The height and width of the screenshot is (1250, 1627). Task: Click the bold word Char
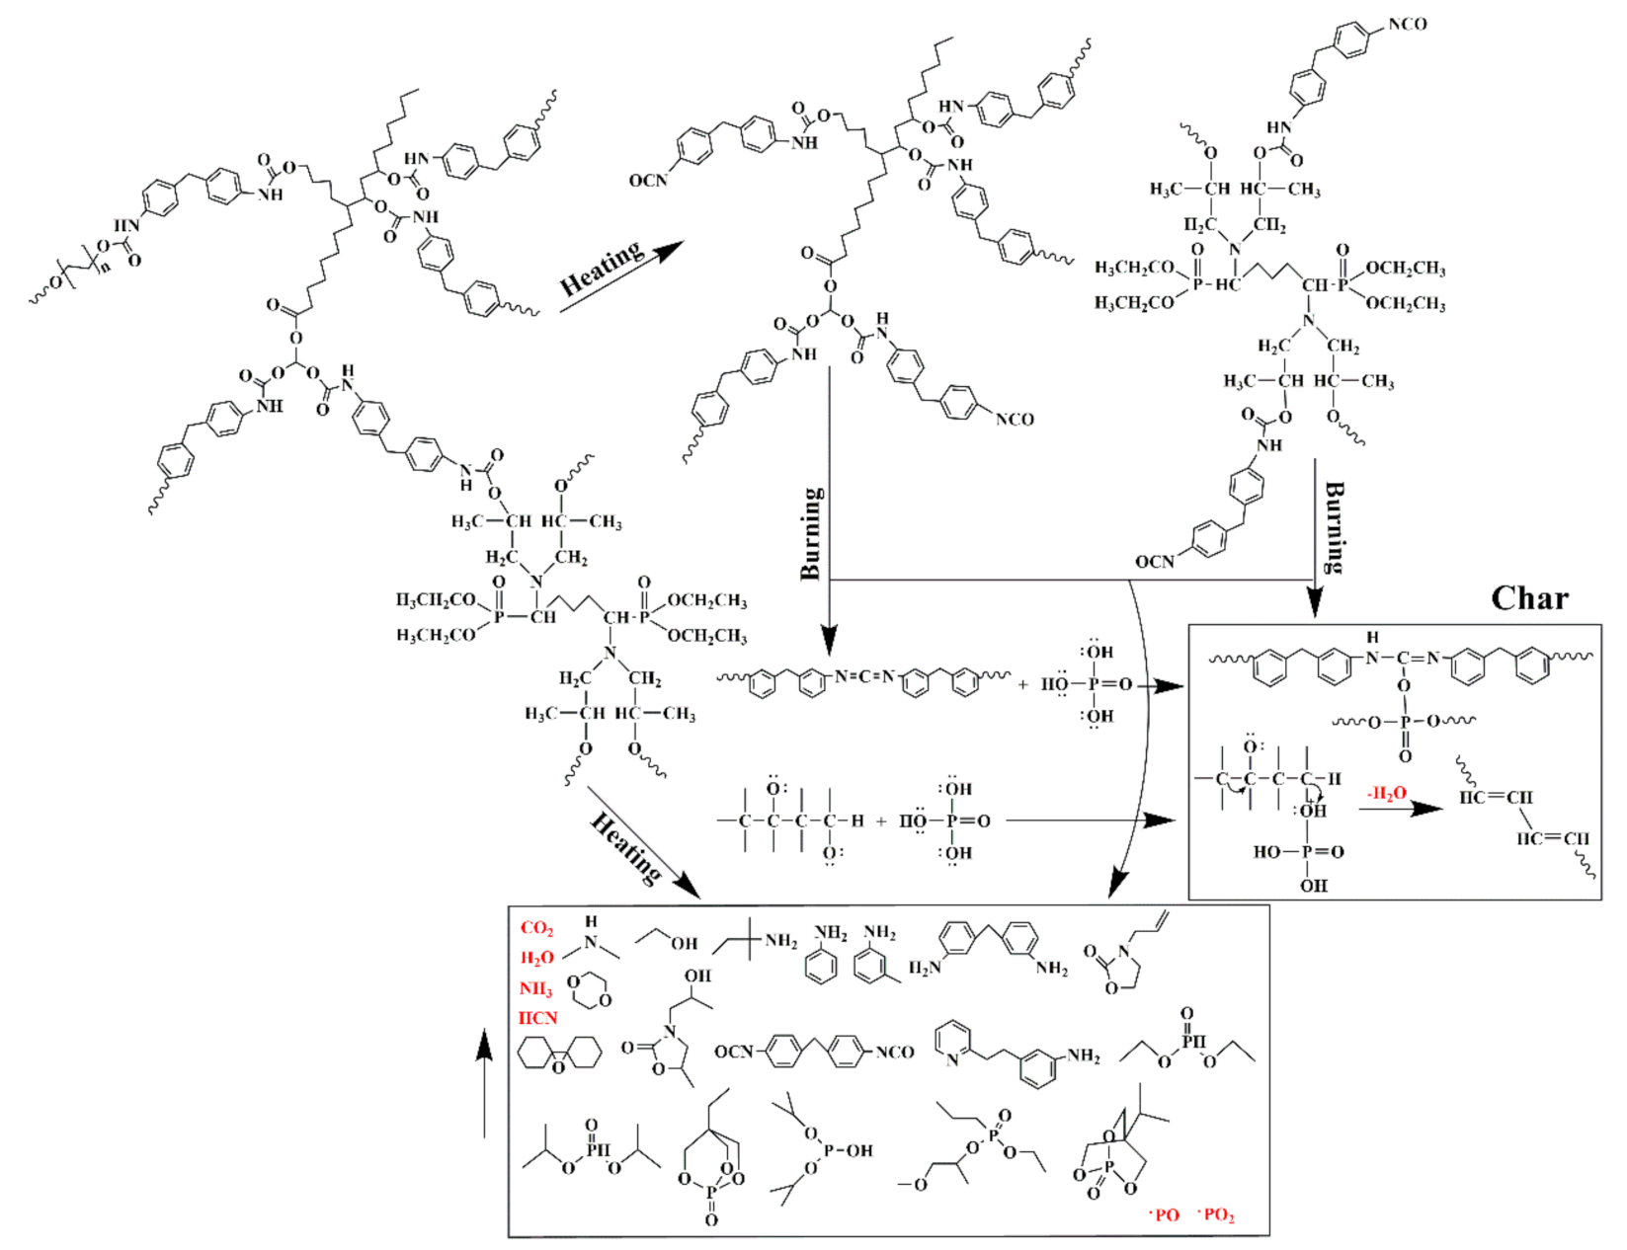coord(1529,598)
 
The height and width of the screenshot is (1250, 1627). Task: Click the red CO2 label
coord(536,928)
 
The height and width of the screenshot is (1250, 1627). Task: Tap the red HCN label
coord(537,1018)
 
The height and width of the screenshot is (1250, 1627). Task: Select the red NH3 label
coord(535,988)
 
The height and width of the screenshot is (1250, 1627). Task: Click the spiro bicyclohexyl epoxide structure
coord(559,1054)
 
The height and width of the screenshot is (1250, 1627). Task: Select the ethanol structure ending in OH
coord(666,938)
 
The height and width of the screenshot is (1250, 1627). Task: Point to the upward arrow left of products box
coord(484,1084)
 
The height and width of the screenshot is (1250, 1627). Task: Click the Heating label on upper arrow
coord(601,269)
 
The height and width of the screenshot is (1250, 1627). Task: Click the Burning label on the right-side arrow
coord(1334,526)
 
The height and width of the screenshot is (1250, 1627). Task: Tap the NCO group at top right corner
coord(1407,24)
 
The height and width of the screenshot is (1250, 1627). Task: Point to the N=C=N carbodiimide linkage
coord(863,676)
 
